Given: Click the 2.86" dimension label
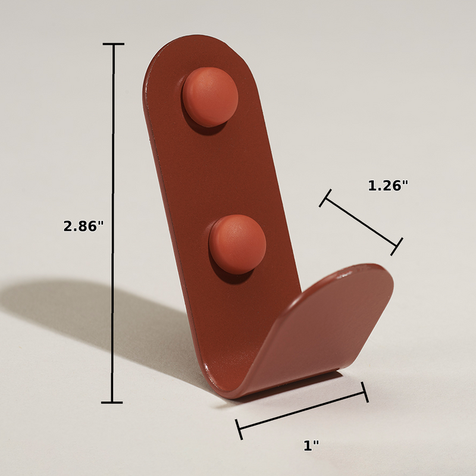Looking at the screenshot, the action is click(83, 226).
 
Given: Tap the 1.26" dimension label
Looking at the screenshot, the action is click(388, 186).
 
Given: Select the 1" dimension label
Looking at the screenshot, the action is click(311, 445).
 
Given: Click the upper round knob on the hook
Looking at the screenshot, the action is click(211, 97).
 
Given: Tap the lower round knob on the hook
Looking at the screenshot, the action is click(237, 245).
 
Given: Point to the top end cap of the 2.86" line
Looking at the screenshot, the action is click(114, 44).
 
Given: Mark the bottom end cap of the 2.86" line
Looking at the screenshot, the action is click(112, 403).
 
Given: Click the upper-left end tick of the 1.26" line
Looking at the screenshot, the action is click(325, 198).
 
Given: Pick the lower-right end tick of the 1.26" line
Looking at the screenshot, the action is click(397, 246).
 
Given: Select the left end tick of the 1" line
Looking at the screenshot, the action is click(239, 429).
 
